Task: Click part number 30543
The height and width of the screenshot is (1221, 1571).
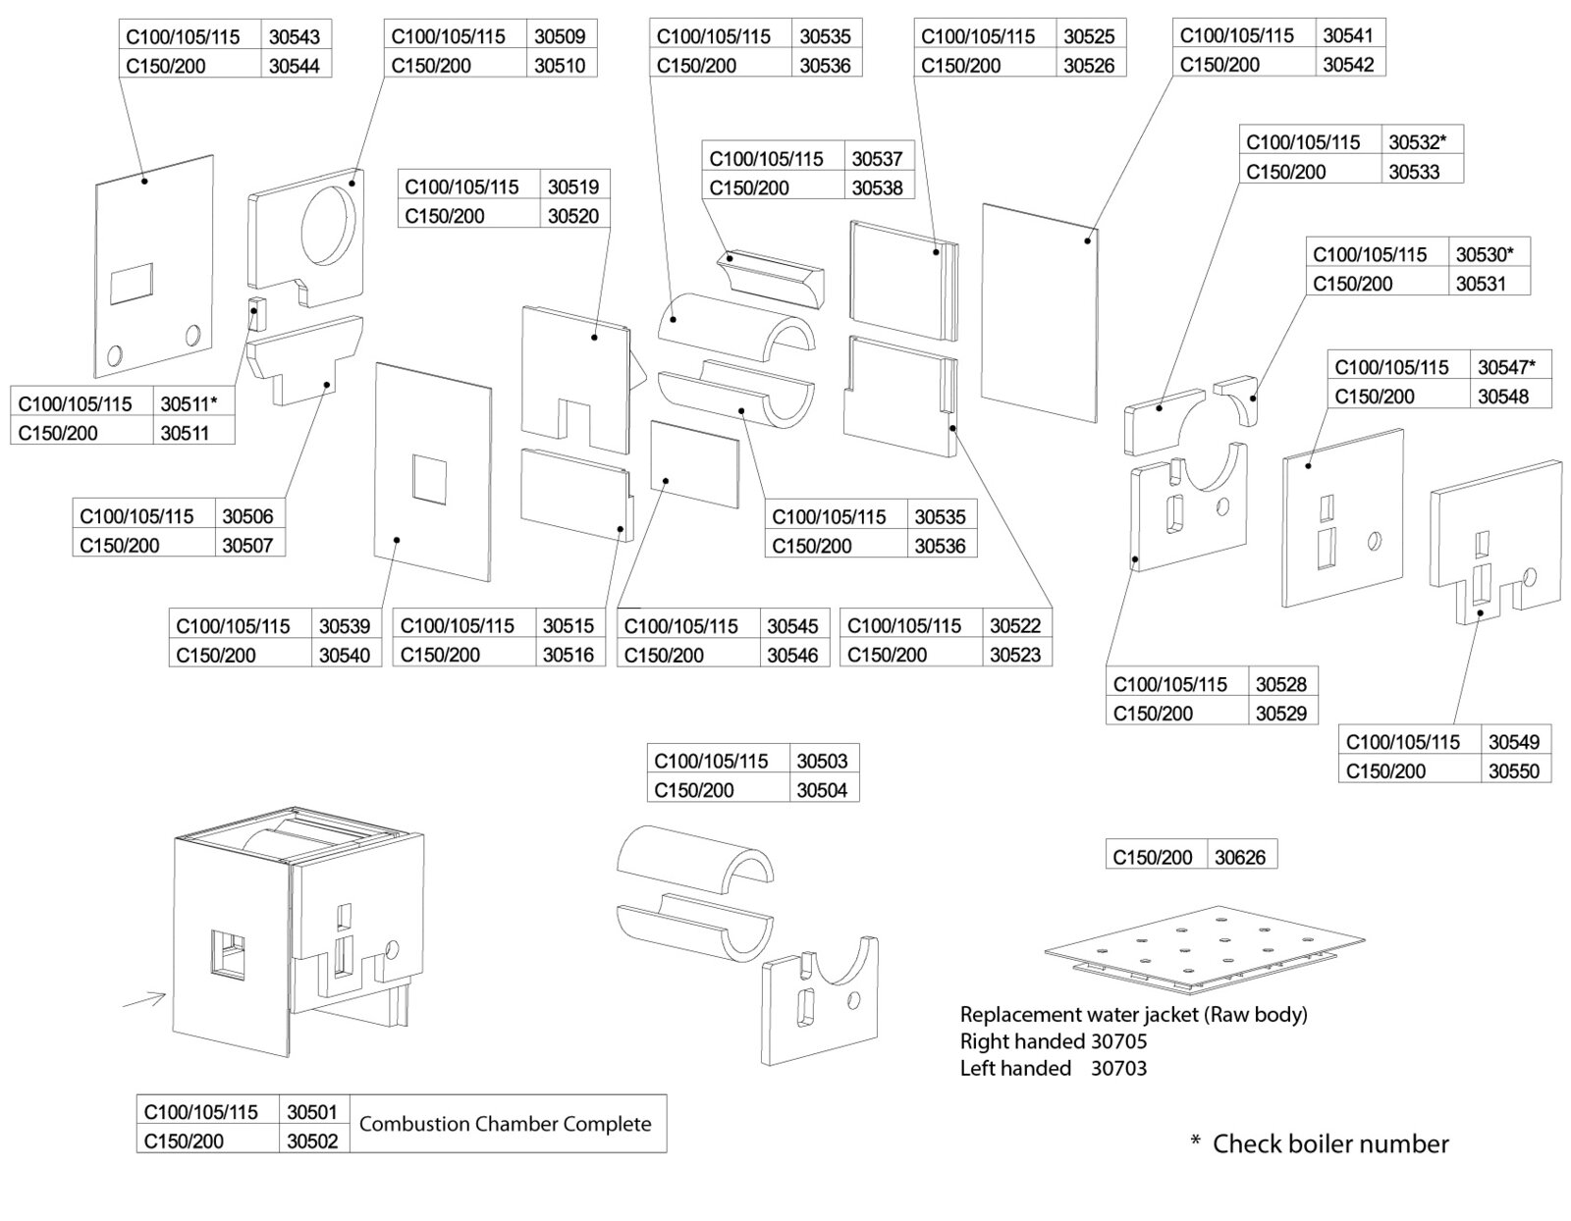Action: pyautogui.click(x=294, y=37)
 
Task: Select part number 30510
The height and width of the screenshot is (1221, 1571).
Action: pyautogui.click(x=560, y=66)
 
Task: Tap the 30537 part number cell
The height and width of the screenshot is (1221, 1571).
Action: pyautogui.click(x=876, y=158)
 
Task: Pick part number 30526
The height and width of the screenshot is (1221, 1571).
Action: pyautogui.click(x=1089, y=66)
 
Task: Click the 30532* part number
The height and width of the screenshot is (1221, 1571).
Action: pyautogui.click(x=1417, y=142)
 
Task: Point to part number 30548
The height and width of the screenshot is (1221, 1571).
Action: pyautogui.click(x=1502, y=397)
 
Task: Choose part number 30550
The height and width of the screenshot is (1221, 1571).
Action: pyautogui.click(x=1513, y=771)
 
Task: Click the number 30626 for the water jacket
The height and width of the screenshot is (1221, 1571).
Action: pyautogui.click(x=1239, y=857)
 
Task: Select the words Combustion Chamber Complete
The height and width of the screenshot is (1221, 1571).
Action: pyautogui.click(x=505, y=1124)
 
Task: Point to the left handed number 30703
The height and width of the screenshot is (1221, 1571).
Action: pyautogui.click(x=1118, y=1068)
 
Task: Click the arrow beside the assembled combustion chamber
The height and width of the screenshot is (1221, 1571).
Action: pyautogui.click(x=143, y=1000)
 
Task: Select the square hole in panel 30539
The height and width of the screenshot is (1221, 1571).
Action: pyautogui.click(x=428, y=479)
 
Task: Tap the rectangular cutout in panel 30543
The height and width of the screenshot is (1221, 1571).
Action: pyautogui.click(x=132, y=284)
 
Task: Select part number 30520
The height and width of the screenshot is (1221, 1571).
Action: pyautogui.click(x=572, y=216)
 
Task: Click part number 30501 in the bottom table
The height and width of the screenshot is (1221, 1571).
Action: pyautogui.click(x=312, y=1112)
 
